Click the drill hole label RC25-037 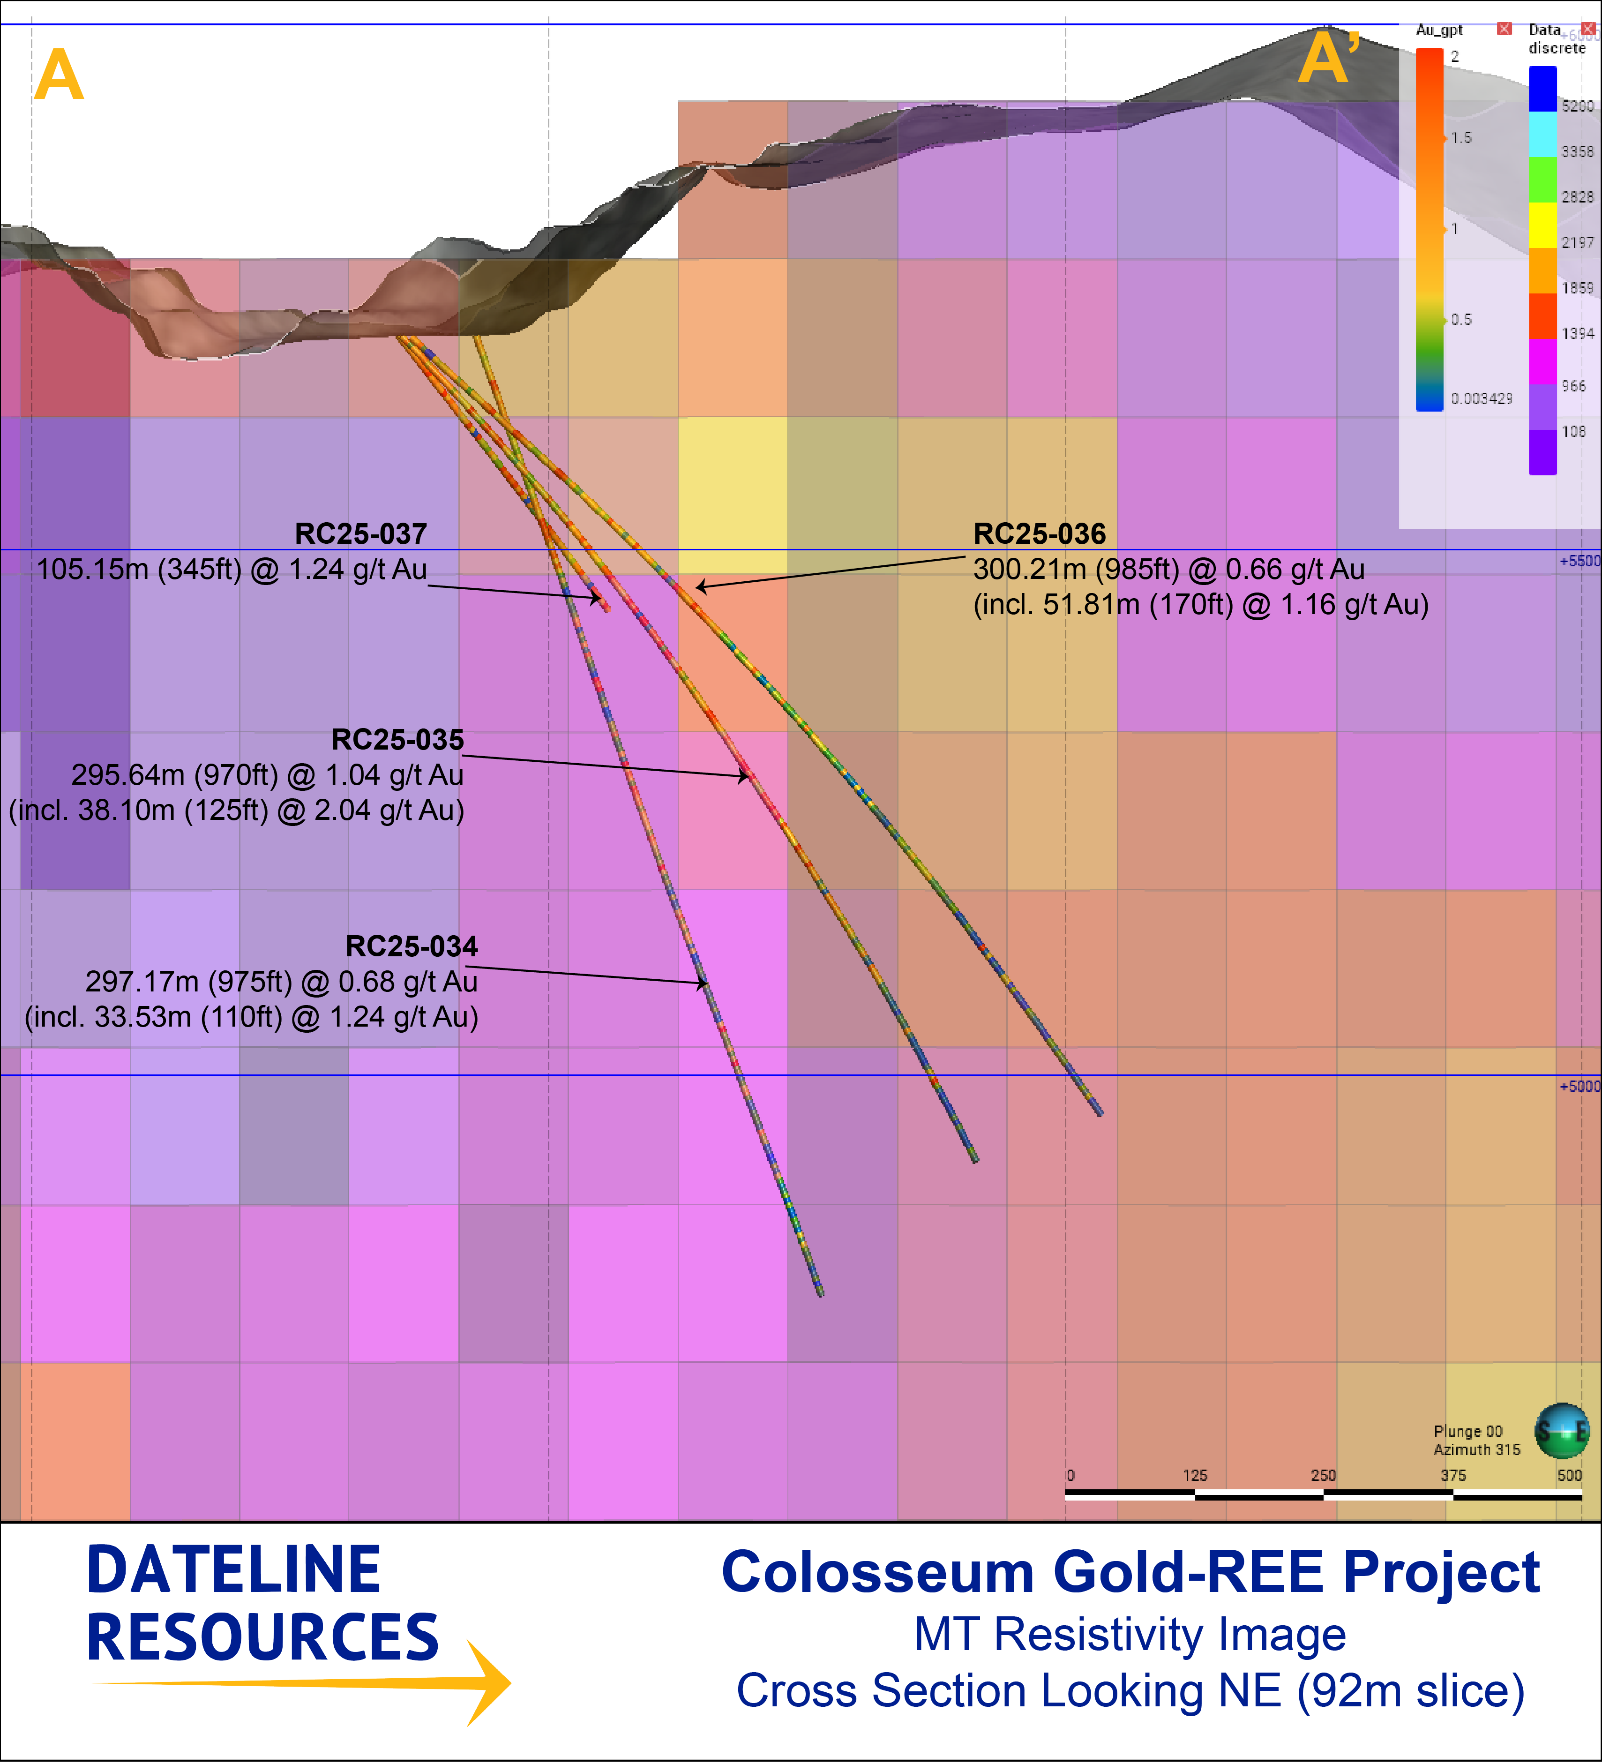point(360,534)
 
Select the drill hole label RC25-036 point(1040,534)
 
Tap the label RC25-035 point(397,739)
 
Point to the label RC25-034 point(411,946)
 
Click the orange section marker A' point(1328,58)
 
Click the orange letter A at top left point(59,75)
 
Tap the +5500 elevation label point(1579,561)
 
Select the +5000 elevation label point(1579,1086)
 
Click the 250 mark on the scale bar point(1323,1475)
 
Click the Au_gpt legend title point(1439,30)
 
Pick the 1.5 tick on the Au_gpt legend point(1461,137)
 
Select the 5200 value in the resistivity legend point(1578,106)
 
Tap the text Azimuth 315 point(1477,1450)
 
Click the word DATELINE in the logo point(233,1570)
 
